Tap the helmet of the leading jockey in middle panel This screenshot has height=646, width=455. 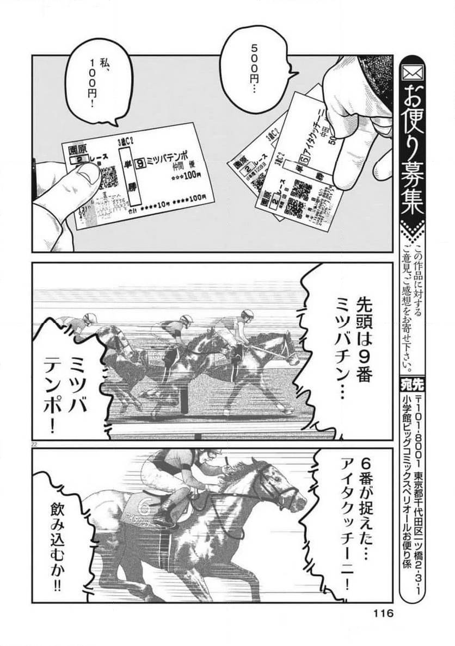click(x=248, y=314)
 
